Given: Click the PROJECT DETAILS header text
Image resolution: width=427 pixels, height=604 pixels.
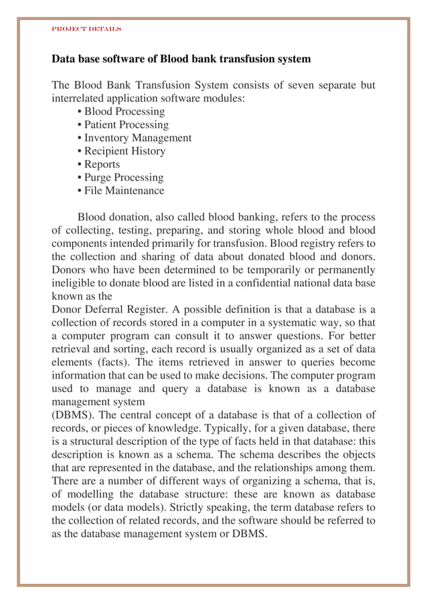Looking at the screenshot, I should click(x=86, y=29).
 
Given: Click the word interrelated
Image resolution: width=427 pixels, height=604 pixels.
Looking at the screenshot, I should click(x=80, y=99).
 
